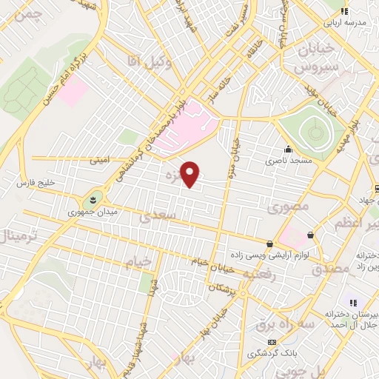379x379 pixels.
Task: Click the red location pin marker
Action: coord(191,173)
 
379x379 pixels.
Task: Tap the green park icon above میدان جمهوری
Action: coord(93,198)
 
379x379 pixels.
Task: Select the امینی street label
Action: coord(98,159)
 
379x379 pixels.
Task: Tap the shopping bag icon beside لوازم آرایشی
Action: coord(269,244)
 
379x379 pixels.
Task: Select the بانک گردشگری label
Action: coord(271,355)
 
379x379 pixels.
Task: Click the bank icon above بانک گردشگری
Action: coord(272,342)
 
